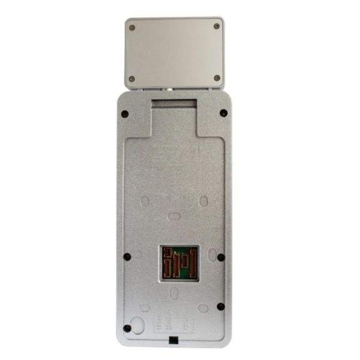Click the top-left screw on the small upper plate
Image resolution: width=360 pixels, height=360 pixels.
pyautogui.click(x=132, y=27)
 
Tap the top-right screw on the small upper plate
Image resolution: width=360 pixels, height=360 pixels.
pyautogui.click(x=217, y=26)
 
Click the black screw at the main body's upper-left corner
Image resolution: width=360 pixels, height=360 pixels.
pyautogui.click(x=124, y=113)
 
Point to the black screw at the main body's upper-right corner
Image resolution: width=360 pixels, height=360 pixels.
pyautogui.click(x=223, y=113)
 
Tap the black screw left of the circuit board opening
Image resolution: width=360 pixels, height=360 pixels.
pyautogui.click(x=127, y=257)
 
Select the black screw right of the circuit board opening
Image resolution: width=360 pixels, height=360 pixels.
pyautogui.click(x=221, y=257)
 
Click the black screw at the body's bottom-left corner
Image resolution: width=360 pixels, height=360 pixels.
pyautogui.click(x=127, y=328)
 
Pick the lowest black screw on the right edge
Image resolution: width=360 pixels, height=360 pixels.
pyautogui.click(x=221, y=306)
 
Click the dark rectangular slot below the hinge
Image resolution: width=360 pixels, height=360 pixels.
pyautogui.click(x=173, y=104)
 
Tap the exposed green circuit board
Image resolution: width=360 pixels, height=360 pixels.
pyautogui.click(x=178, y=262)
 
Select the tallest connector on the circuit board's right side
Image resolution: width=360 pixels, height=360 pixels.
pyautogui.click(x=193, y=263)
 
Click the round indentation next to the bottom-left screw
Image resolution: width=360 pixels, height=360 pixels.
pyautogui.click(x=139, y=325)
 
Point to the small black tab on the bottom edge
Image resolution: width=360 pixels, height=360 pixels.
pyautogui.click(x=174, y=342)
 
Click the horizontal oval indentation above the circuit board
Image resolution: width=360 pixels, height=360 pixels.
pyautogui.click(x=173, y=216)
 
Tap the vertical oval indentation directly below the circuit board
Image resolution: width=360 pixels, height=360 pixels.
pyautogui.click(x=173, y=293)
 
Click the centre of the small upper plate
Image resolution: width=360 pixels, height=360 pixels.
pyautogui.click(x=175, y=53)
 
